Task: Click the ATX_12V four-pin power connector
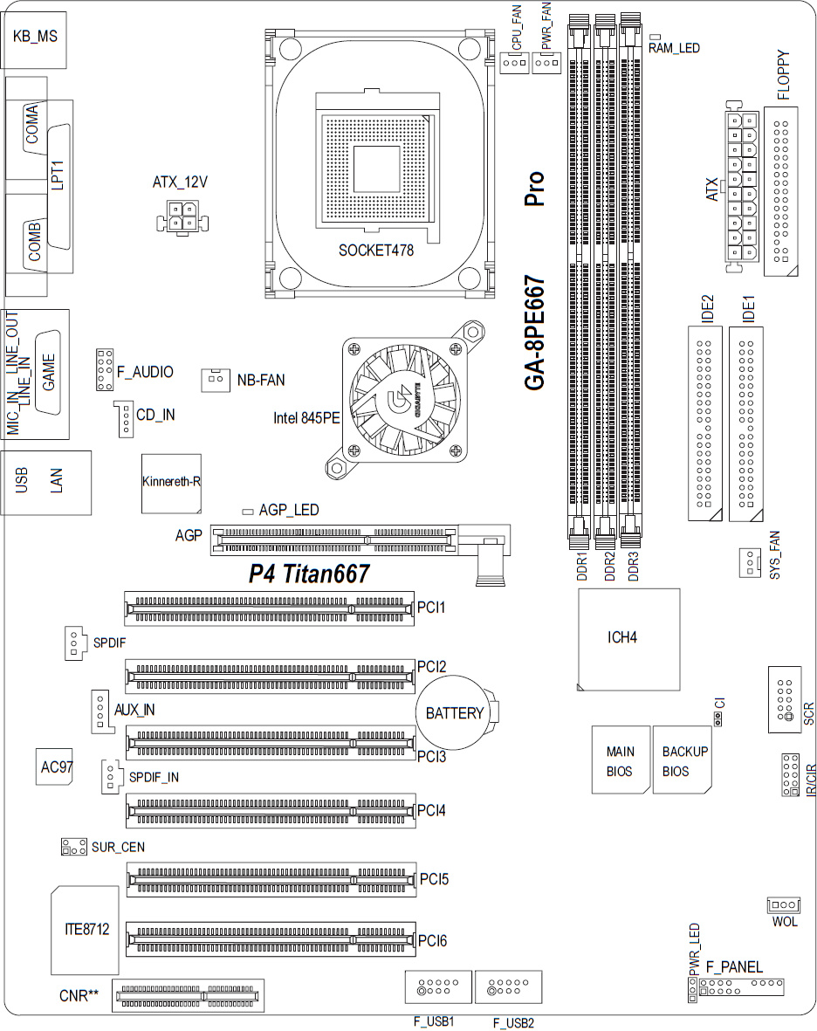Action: (x=182, y=217)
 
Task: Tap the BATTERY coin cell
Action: (x=457, y=712)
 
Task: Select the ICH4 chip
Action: (x=628, y=639)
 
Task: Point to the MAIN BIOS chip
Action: (x=621, y=760)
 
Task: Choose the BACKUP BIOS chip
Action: (x=683, y=760)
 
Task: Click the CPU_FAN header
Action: (x=514, y=63)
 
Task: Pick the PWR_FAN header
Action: (x=546, y=63)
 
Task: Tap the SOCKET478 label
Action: (x=376, y=251)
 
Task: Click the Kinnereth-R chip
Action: (x=172, y=484)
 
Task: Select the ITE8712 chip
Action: (x=86, y=930)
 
